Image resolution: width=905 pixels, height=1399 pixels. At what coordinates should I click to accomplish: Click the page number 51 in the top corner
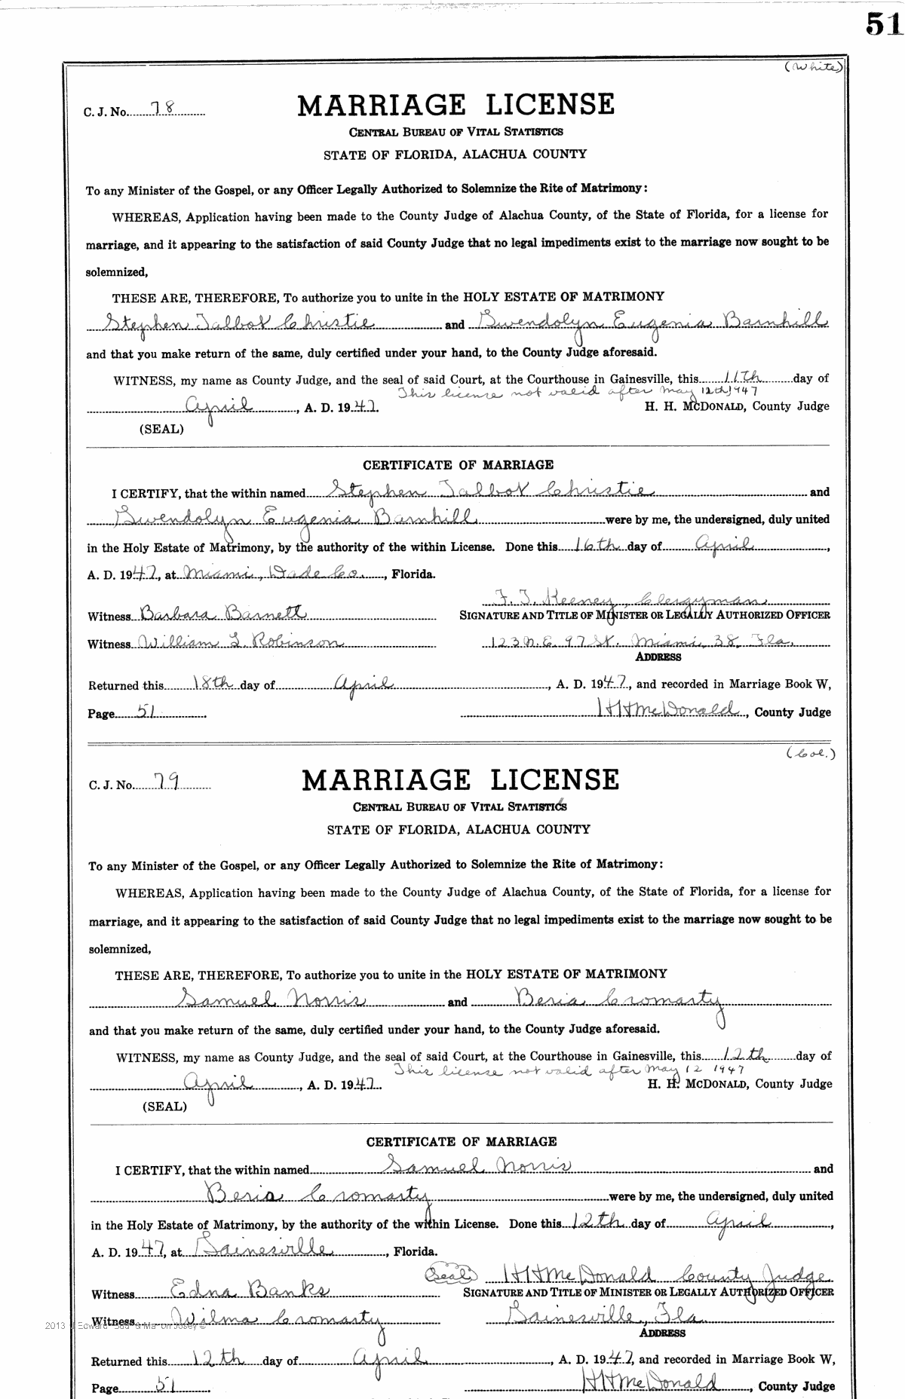tap(883, 24)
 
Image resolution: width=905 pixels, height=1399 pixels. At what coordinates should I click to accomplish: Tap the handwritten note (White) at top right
tap(813, 68)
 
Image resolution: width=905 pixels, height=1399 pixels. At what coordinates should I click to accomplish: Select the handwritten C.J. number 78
tap(162, 109)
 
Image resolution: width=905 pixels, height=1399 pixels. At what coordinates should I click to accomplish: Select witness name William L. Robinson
tap(240, 642)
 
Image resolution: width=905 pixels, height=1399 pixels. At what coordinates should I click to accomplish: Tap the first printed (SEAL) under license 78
tap(161, 428)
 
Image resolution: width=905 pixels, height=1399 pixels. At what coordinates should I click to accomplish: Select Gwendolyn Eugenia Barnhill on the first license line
tap(649, 323)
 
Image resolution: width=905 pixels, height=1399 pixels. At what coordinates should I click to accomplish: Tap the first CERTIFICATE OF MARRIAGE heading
tap(458, 465)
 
